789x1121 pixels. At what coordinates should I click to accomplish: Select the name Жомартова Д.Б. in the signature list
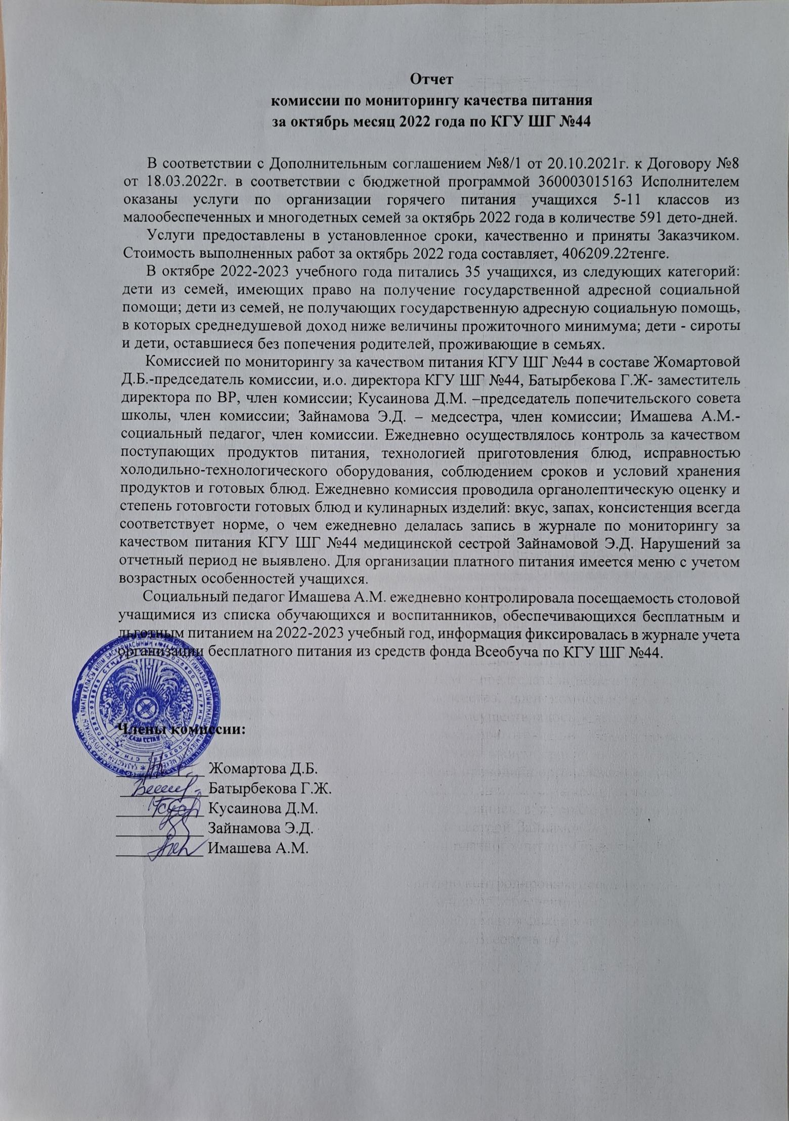(x=263, y=769)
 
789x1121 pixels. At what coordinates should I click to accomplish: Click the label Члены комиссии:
(x=181, y=730)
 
